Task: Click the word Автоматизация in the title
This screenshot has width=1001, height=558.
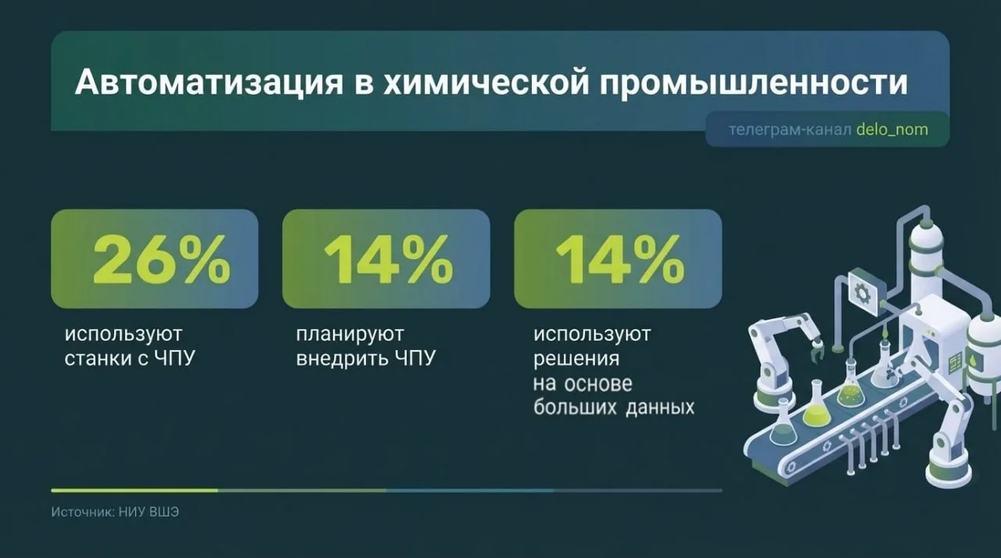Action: click(x=209, y=83)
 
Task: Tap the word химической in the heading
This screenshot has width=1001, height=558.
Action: click(x=486, y=82)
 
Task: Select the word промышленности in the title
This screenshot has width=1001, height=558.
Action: click(x=754, y=83)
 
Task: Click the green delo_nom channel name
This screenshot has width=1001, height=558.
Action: click(x=892, y=130)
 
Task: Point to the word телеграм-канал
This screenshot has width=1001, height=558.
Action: click(x=790, y=130)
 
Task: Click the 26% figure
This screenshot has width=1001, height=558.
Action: click(x=162, y=260)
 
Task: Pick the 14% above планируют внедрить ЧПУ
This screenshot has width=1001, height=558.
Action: click(x=388, y=260)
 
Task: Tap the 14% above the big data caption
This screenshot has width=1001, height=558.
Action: click(x=619, y=260)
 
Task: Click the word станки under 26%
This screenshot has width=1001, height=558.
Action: click(x=99, y=359)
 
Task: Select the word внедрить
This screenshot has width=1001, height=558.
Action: click(x=342, y=359)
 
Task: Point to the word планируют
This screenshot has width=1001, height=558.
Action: click(x=350, y=334)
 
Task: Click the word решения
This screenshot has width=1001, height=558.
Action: click(x=576, y=359)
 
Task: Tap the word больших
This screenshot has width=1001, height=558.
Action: click(x=574, y=407)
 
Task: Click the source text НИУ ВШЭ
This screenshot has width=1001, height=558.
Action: click(x=149, y=512)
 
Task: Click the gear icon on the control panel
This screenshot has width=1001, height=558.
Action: click(x=861, y=292)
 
